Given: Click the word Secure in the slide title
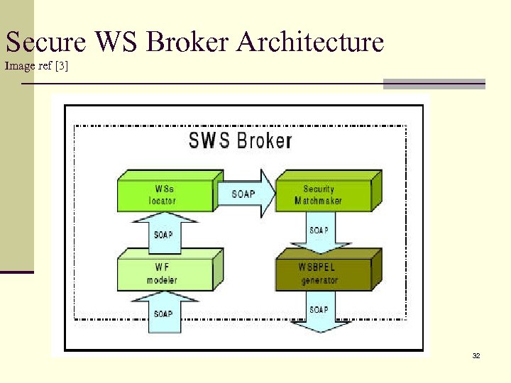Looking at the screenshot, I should coord(45,43).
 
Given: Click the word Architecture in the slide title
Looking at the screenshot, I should coord(310,43).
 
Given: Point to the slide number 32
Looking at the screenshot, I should coord(476,355).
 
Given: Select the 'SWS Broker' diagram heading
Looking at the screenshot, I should coord(240,140).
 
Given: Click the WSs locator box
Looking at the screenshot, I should coord(164,194).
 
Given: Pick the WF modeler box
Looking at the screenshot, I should coord(164,274).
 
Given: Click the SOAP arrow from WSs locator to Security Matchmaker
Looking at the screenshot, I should coord(245,194).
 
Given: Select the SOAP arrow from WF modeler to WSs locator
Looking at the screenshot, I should coord(163,233).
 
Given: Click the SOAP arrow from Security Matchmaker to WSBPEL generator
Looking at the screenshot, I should coord(319,231).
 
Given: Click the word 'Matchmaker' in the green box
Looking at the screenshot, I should coord(318,201).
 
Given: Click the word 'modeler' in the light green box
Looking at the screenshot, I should coord(162,280).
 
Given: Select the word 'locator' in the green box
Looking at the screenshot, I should coord(162,201).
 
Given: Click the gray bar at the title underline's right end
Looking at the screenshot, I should coord(434,84).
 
